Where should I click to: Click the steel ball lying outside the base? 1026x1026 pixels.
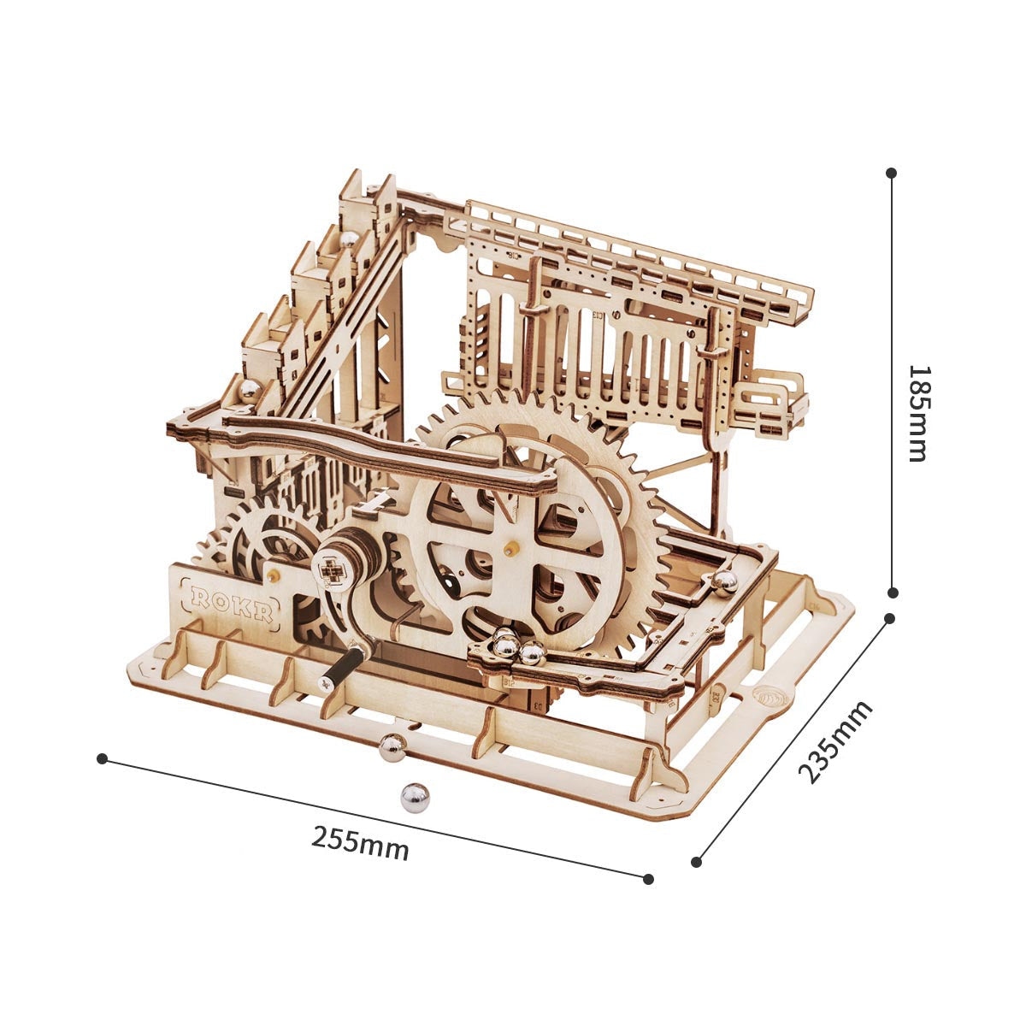coord(415,798)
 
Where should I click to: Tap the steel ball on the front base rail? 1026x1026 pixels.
coord(392,748)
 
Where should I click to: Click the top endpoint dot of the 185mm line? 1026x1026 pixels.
coord(892,173)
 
